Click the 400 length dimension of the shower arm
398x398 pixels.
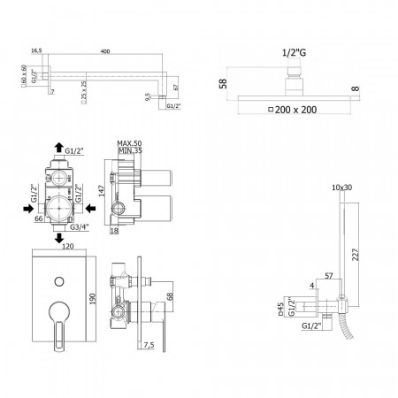[x=106, y=53]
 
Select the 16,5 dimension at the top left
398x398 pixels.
[x=36, y=51]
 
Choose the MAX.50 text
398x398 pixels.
[x=130, y=142]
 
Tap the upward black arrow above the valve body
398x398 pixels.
[x=58, y=148]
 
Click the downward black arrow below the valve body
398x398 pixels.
[x=58, y=238]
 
